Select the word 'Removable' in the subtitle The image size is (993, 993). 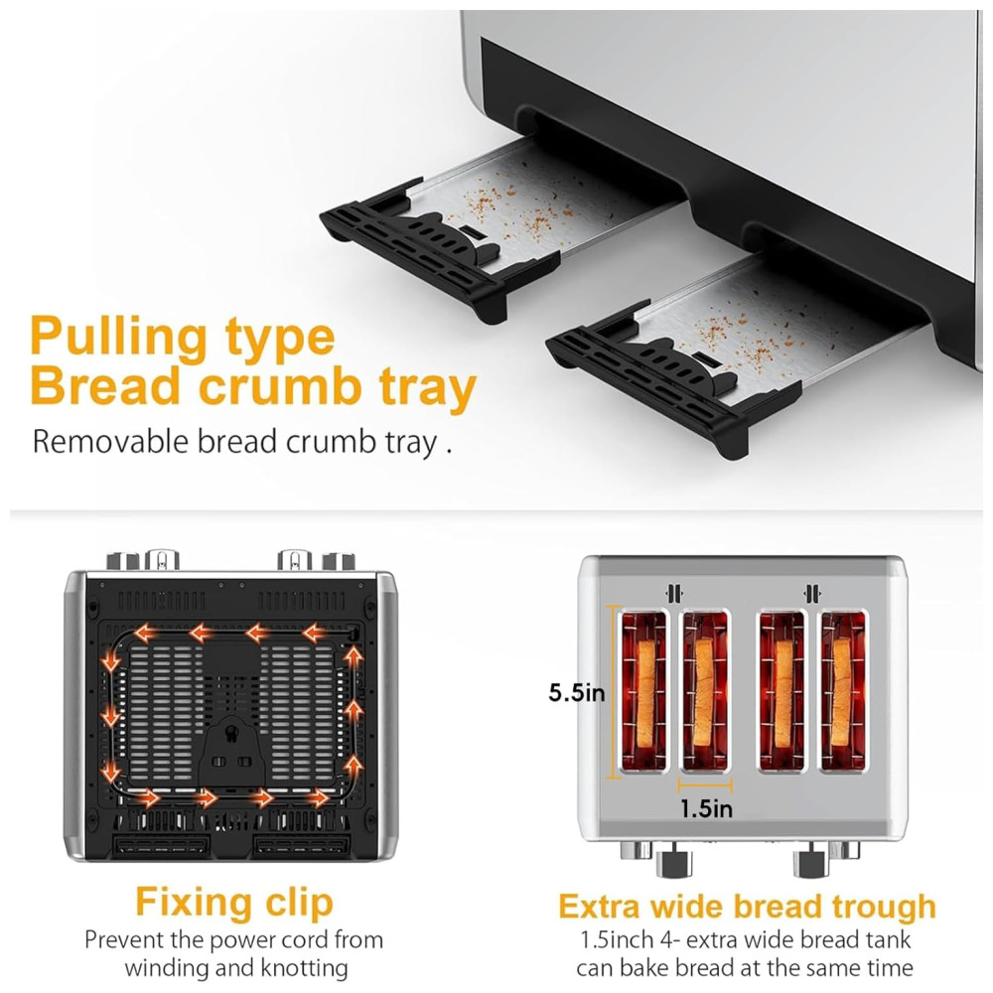110,442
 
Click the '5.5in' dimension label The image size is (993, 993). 576,693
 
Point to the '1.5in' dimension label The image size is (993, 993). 706,808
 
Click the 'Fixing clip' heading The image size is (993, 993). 234,902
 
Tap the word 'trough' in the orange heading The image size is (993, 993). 884,907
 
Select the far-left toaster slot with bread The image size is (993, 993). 644,691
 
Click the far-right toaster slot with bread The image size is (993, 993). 843,691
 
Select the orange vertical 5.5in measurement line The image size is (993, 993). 612,691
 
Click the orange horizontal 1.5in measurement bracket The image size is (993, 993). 705,785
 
